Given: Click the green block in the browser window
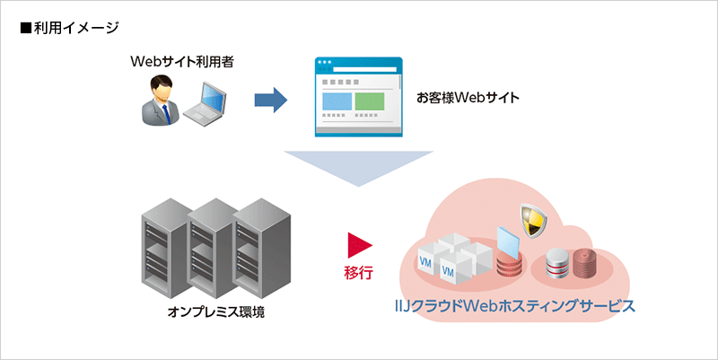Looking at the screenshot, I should pos(369,101).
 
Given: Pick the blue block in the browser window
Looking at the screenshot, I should pos(337,101).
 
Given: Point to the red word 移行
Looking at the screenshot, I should pos(358,270).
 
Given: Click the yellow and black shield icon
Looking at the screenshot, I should pos(532,218).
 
